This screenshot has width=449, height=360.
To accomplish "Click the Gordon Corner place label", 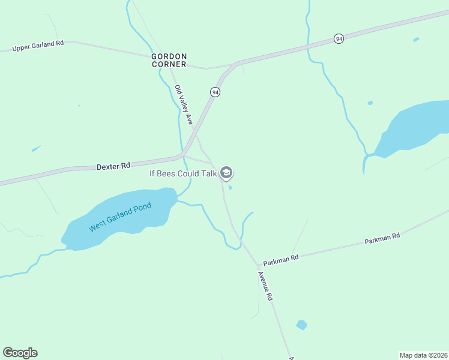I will pos(169,60).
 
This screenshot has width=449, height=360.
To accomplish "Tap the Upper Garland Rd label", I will pos(38,45).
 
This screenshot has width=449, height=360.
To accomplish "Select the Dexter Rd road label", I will pos(113,166).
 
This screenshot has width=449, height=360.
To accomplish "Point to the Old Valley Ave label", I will pos(183,105).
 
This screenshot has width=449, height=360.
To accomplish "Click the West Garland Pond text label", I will pos(120,217).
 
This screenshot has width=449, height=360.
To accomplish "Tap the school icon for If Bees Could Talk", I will pos(226,173).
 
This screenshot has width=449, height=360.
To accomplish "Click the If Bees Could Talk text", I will pos(183,173).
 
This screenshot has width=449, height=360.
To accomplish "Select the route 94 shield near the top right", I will pos(339,39).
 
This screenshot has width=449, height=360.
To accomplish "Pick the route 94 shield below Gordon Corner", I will pos(215,92).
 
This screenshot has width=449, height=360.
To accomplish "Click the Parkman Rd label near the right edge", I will pos(382,238).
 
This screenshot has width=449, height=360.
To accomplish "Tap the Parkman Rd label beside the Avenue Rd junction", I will pos(280,257).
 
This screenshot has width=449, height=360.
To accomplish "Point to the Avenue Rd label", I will pos(265,286).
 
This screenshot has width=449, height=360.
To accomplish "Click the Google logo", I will pos(20,353).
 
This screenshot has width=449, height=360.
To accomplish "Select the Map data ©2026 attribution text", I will pos(423,355).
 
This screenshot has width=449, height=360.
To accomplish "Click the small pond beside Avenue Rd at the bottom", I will pos(301,325).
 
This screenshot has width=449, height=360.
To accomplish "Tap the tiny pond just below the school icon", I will pos(231,187).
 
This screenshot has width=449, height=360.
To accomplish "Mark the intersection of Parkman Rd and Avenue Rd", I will pos(259,265).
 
